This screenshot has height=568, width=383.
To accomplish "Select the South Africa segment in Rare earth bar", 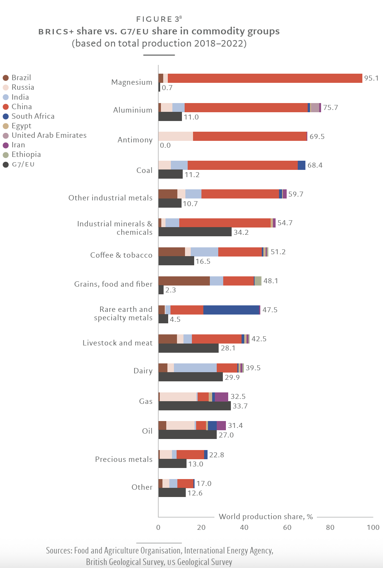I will coord(231,310).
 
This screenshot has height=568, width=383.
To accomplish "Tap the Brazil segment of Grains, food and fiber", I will coord(184,281).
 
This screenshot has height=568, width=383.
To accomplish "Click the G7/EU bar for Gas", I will coord(195,406).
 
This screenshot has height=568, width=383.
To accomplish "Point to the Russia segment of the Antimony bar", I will coord(175,136).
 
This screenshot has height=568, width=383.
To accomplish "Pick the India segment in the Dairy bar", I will coord(195,368).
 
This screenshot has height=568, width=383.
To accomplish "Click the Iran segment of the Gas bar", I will coord(221,397).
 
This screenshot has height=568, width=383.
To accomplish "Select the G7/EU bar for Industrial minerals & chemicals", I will coord(195,232).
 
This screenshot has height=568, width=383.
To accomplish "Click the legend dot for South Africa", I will coord(6,116).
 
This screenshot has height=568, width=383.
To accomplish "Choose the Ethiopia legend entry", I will coord(26,155).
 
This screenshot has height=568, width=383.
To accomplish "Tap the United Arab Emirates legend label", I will coord(49,136).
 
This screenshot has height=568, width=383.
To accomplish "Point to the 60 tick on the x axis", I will coord(287,528).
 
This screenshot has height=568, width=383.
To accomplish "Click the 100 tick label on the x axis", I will coord(373,528).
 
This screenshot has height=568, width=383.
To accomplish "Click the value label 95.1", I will coord(371,78).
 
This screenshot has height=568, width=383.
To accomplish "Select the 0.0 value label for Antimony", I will coord(165,145).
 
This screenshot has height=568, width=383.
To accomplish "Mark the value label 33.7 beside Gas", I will coord(240,406).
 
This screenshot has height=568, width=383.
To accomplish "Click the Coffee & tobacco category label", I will coord(121,255).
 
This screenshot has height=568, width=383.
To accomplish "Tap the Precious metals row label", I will coord(123,459).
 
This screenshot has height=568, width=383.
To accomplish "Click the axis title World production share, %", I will coord(266,516).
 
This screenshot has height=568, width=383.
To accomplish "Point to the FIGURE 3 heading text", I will coord(158,19).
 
